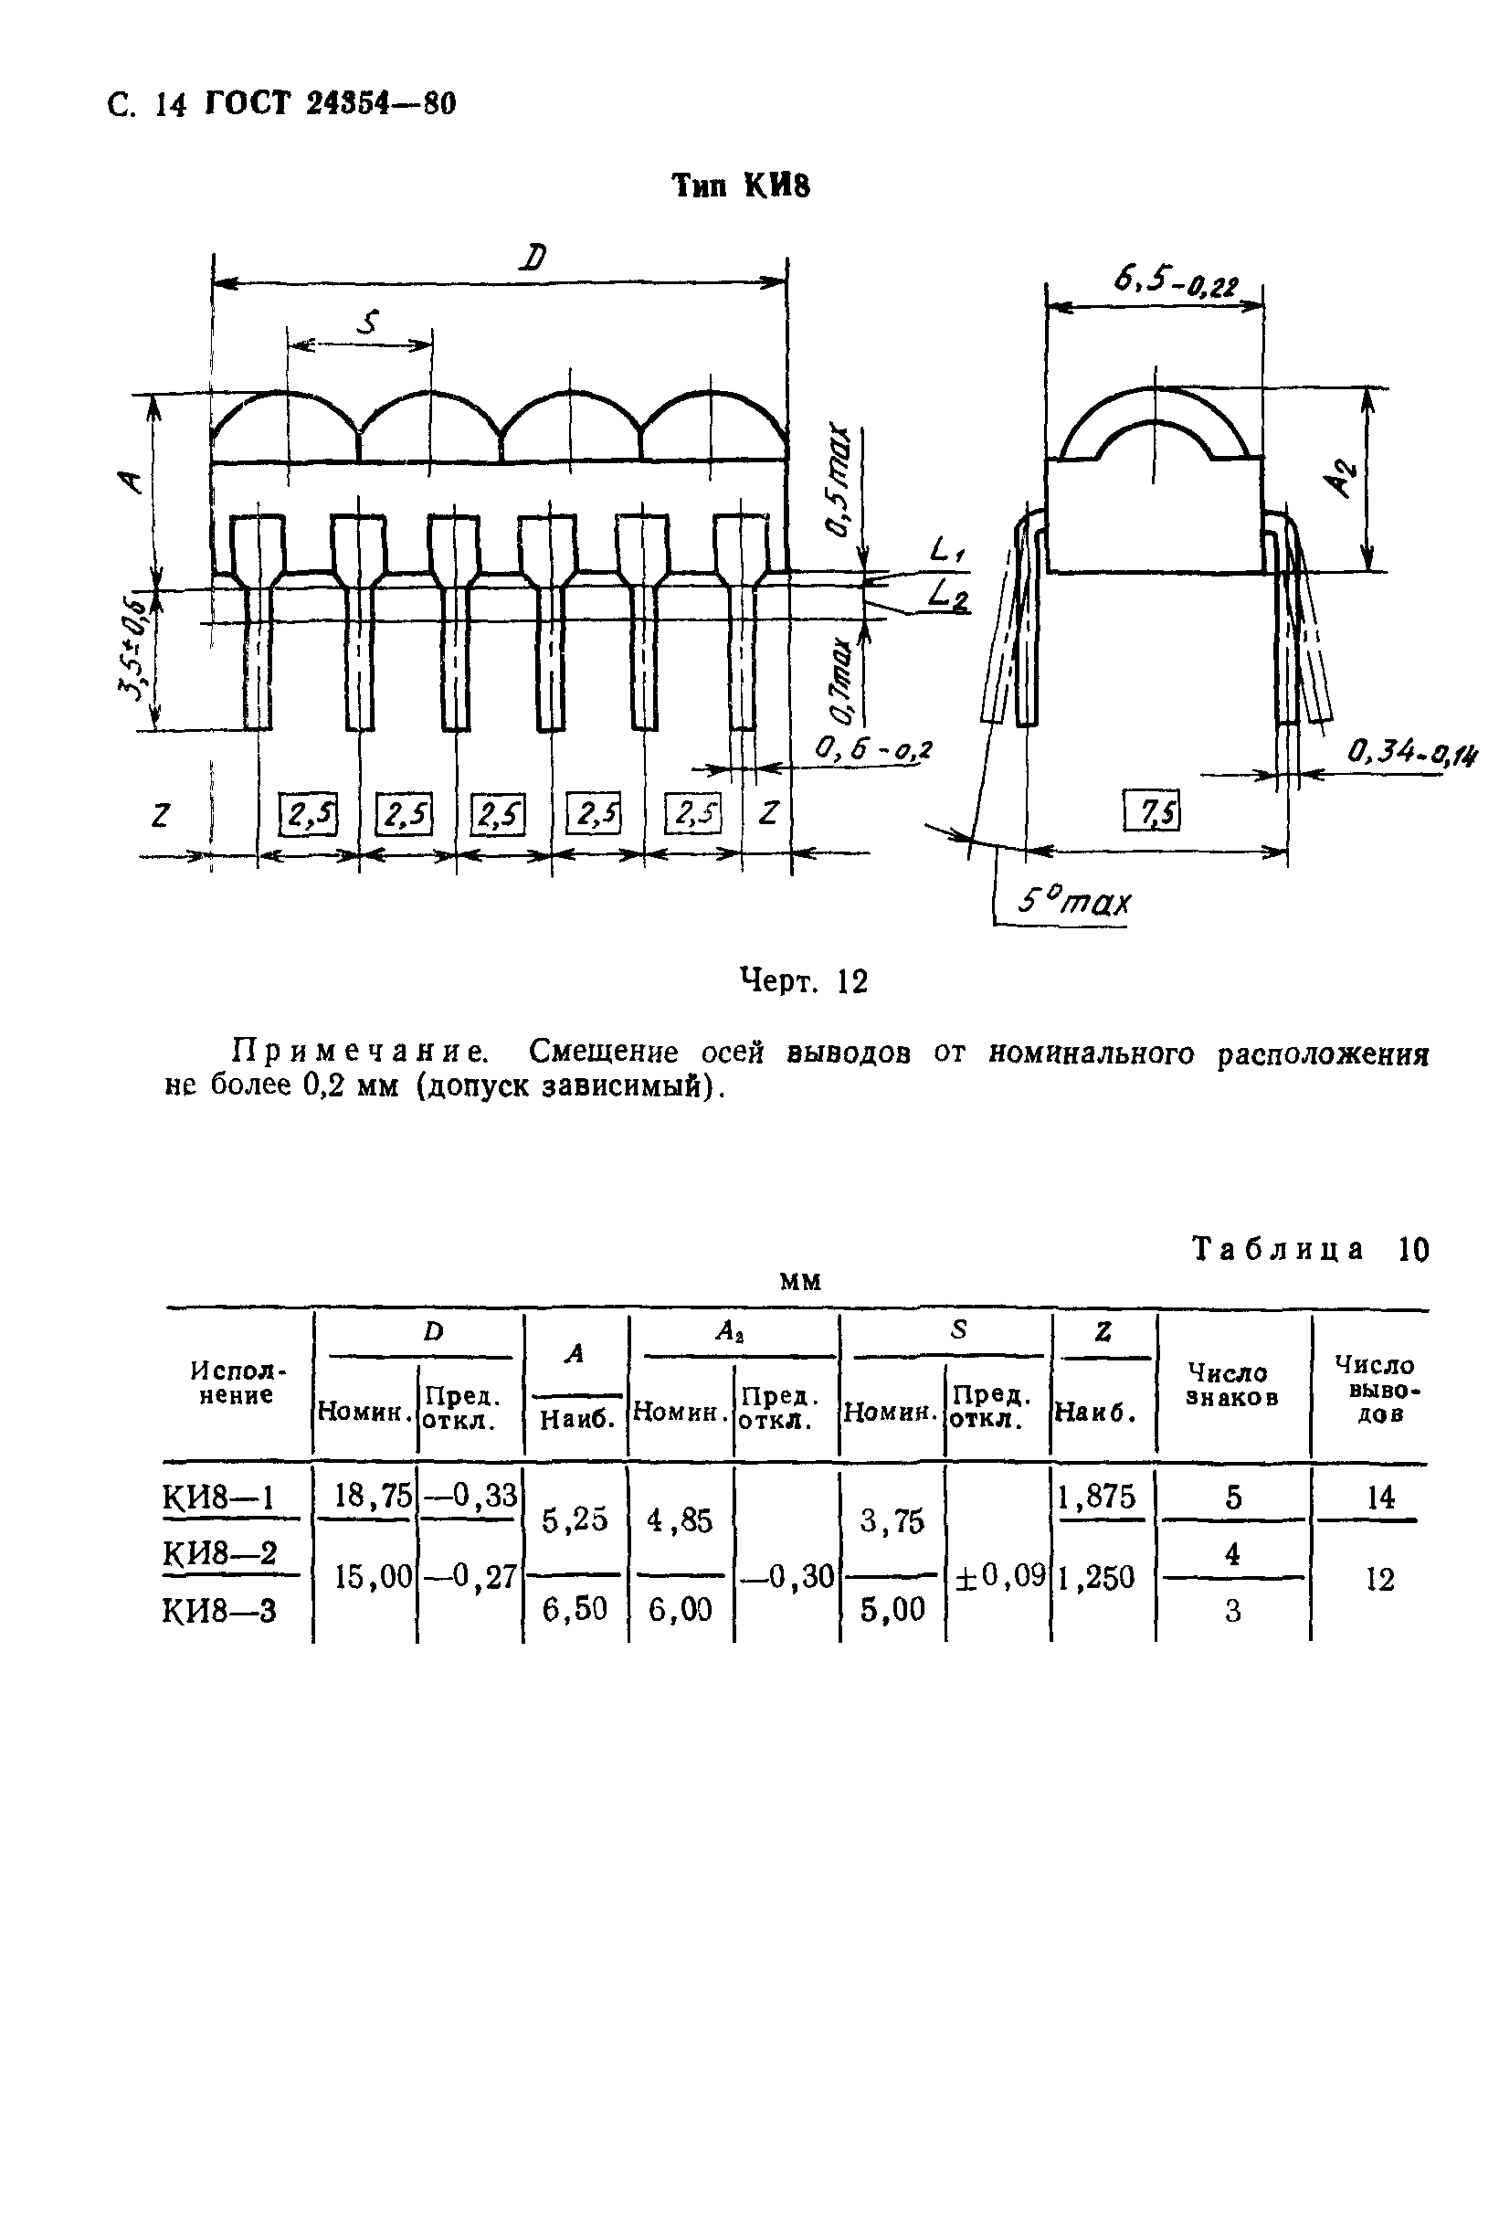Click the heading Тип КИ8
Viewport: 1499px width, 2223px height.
click(x=741, y=185)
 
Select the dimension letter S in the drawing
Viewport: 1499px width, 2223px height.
click(x=367, y=323)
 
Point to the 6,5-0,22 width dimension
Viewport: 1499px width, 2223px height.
click(x=1175, y=281)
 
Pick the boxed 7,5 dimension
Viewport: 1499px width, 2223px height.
click(x=1153, y=811)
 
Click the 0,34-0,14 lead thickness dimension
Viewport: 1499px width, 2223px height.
click(x=1411, y=754)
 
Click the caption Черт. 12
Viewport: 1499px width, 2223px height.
click(x=804, y=981)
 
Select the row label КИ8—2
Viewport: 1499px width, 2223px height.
click(x=219, y=1553)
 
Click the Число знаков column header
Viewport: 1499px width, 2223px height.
click(x=1232, y=1384)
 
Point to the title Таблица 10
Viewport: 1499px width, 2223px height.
click(x=1310, y=1250)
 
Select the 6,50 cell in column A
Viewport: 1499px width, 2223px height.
click(x=575, y=1609)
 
